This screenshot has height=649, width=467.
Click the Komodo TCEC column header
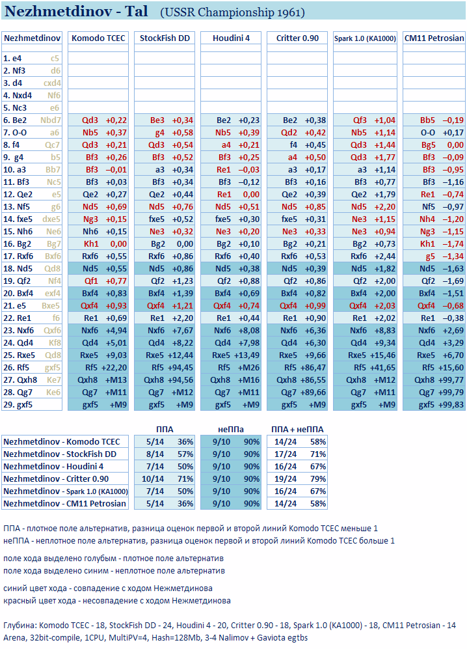99,38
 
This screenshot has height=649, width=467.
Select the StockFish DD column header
165,38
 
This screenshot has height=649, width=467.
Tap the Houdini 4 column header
231,38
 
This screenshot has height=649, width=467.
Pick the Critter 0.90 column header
297,38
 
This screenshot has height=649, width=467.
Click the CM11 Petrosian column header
434,38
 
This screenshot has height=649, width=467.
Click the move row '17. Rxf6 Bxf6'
32,256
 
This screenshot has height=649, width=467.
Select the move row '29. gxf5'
32,404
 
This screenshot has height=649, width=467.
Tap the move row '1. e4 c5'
32,58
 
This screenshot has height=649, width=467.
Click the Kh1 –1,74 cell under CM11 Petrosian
434,243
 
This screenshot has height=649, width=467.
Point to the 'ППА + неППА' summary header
297,429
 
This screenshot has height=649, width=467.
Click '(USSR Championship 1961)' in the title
232,12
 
